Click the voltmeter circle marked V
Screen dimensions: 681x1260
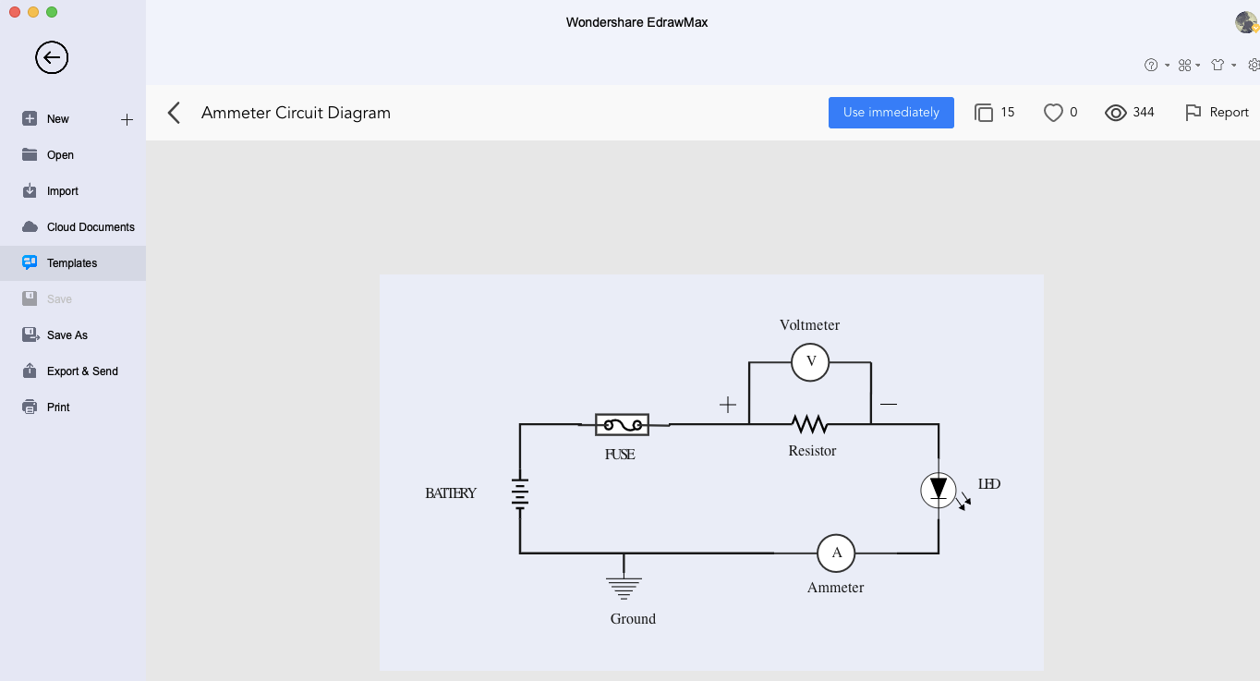810,362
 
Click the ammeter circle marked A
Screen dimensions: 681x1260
836,553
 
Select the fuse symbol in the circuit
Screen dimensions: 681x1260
622,424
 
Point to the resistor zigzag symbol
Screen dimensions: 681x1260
809,424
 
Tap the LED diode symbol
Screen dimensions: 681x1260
939,491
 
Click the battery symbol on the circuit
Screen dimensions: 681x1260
520,493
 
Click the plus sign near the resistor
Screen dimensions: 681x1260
728,405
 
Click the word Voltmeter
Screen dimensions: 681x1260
809,325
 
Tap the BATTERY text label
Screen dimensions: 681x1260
451,493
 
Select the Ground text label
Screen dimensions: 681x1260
633,619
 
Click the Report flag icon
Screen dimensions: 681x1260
1193,113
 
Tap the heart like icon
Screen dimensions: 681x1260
1053,113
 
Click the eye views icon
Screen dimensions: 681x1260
1116,113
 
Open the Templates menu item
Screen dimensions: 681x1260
72,263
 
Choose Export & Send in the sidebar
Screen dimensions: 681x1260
82,371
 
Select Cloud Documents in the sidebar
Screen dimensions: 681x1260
91,227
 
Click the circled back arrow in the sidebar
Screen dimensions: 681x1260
52,57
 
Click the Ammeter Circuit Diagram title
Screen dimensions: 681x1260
296,113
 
